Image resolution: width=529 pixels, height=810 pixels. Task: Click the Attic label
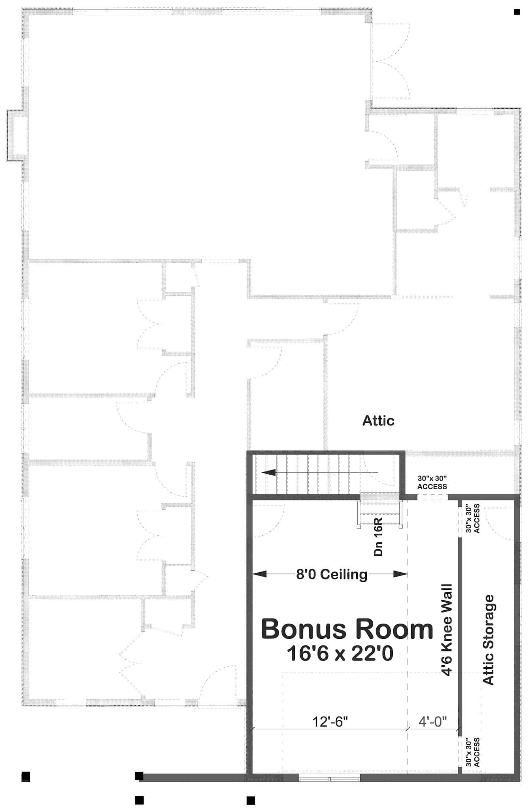tap(378, 420)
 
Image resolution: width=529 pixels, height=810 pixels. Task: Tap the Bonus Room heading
tap(347, 629)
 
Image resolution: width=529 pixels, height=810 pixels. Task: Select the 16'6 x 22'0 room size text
tap(340, 653)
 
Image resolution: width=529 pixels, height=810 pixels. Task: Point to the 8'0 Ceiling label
tap(332, 574)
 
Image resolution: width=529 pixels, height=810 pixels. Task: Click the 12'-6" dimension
tap(330, 721)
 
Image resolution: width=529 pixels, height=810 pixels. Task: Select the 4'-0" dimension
tap(432, 721)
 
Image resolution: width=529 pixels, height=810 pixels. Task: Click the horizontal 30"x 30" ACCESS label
tap(432, 483)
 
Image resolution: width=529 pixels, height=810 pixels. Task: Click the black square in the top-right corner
tap(517, 12)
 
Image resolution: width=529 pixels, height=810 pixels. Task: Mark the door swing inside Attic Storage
tap(499, 522)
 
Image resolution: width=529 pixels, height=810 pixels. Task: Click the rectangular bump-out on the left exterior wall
tap(17, 135)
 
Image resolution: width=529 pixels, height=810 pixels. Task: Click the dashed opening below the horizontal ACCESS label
tap(432, 497)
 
